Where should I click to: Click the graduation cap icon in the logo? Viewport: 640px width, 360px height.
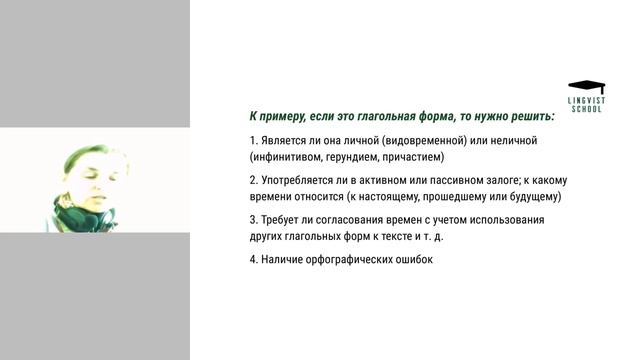tap(586, 86)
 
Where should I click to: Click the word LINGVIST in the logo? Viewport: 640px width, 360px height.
tap(586, 100)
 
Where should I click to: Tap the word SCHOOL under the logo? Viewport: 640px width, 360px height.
tap(586, 109)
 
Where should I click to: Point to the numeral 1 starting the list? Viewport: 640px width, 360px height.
tap(253, 140)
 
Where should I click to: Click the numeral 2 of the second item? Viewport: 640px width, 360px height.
tap(253, 180)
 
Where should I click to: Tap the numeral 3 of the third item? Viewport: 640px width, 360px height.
tap(253, 219)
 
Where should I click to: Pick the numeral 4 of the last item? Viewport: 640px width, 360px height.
tap(253, 259)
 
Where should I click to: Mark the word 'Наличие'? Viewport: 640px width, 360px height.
tap(282, 259)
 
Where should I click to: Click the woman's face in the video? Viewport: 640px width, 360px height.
tap(88, 172)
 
